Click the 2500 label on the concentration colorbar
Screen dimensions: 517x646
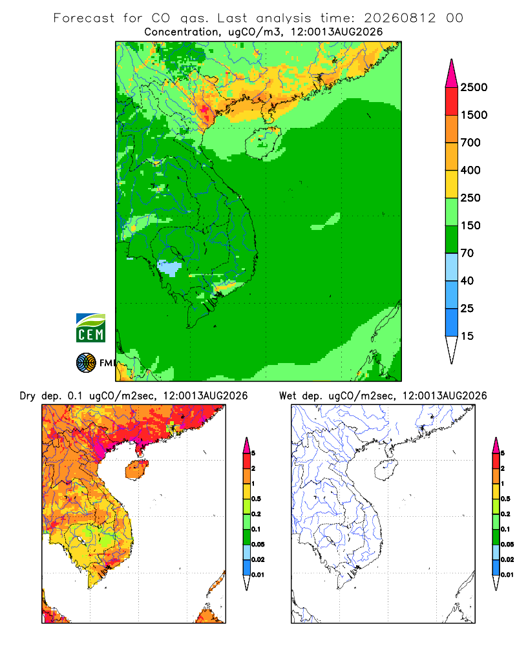[474, 87]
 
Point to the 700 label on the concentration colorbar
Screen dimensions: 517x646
[470, 143]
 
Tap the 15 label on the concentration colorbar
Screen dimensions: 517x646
[467, 336]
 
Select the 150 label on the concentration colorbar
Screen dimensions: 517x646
[470, 225]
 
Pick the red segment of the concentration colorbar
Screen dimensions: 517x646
[452, 101]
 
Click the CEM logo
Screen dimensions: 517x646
[90, 328]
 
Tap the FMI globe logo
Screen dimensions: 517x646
[86, 363]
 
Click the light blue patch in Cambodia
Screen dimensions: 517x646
[170, 268]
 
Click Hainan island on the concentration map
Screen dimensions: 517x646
[263, 143]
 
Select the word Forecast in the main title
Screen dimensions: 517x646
[84, 18]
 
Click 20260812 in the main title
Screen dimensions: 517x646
[399, 18]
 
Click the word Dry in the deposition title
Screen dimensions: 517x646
[28, 396]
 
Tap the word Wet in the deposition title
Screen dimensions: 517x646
[288, 396]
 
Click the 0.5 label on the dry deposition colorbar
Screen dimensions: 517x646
[256, 499]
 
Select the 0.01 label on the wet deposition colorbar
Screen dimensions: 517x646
[507, 575]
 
